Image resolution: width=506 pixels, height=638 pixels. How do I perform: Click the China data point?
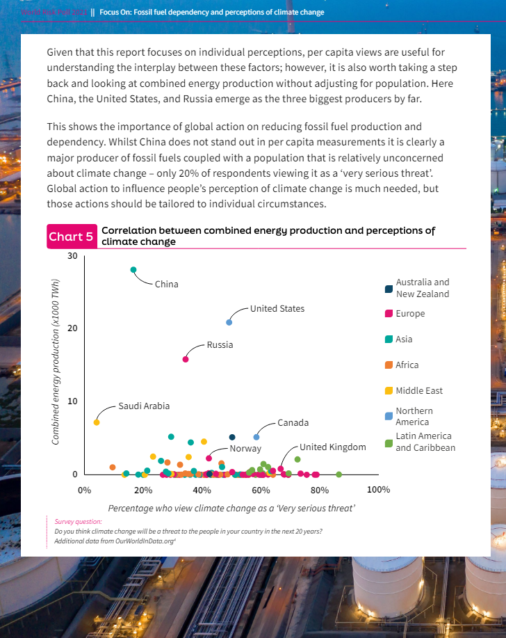point(133,270)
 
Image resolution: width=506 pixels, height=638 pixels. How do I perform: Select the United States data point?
point(229,322)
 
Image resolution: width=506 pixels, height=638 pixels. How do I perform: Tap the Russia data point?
point(186,359)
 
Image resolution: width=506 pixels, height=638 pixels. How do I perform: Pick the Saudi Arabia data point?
point(97,422)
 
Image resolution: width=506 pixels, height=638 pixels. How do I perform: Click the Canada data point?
point(256,437)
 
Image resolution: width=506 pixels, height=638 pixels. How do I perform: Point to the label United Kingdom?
point(332,447)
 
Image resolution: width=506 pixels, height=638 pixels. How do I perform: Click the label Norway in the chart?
point(245,449)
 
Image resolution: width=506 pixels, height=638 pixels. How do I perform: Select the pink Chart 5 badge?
point(71,237)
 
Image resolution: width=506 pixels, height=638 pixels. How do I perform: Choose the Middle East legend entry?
point(419,391)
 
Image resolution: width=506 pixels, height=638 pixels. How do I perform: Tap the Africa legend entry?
point(407,365)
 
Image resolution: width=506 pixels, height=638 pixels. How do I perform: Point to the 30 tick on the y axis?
point(73,257)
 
